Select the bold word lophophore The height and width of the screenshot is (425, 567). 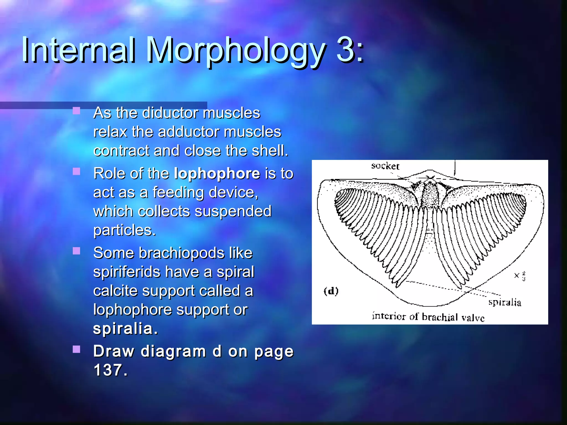(217, 174)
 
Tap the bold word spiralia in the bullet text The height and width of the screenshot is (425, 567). (125, 328)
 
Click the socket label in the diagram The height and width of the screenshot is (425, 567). (385, 166)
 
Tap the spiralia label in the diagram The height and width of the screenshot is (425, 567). (504, 302)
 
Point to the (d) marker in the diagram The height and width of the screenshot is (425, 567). (331, 291)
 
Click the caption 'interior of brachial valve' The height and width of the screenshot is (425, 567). (428, 317)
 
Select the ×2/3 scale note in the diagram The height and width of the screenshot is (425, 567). (520, 276)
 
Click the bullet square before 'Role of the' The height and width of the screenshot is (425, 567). (76, 172)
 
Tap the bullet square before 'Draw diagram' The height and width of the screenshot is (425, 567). (76, 349)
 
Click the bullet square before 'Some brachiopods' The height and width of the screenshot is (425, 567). (76, 251)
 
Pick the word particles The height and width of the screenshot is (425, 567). (125, 230)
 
